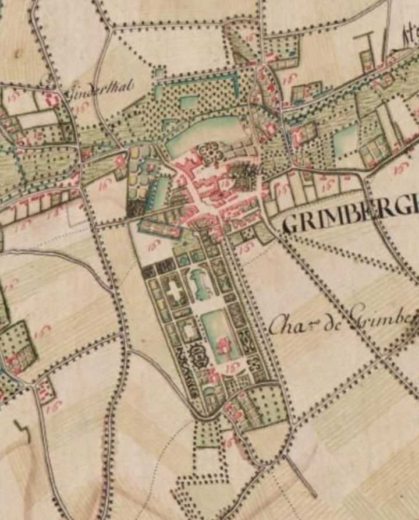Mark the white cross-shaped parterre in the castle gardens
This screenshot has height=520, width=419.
tap(174, 291)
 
